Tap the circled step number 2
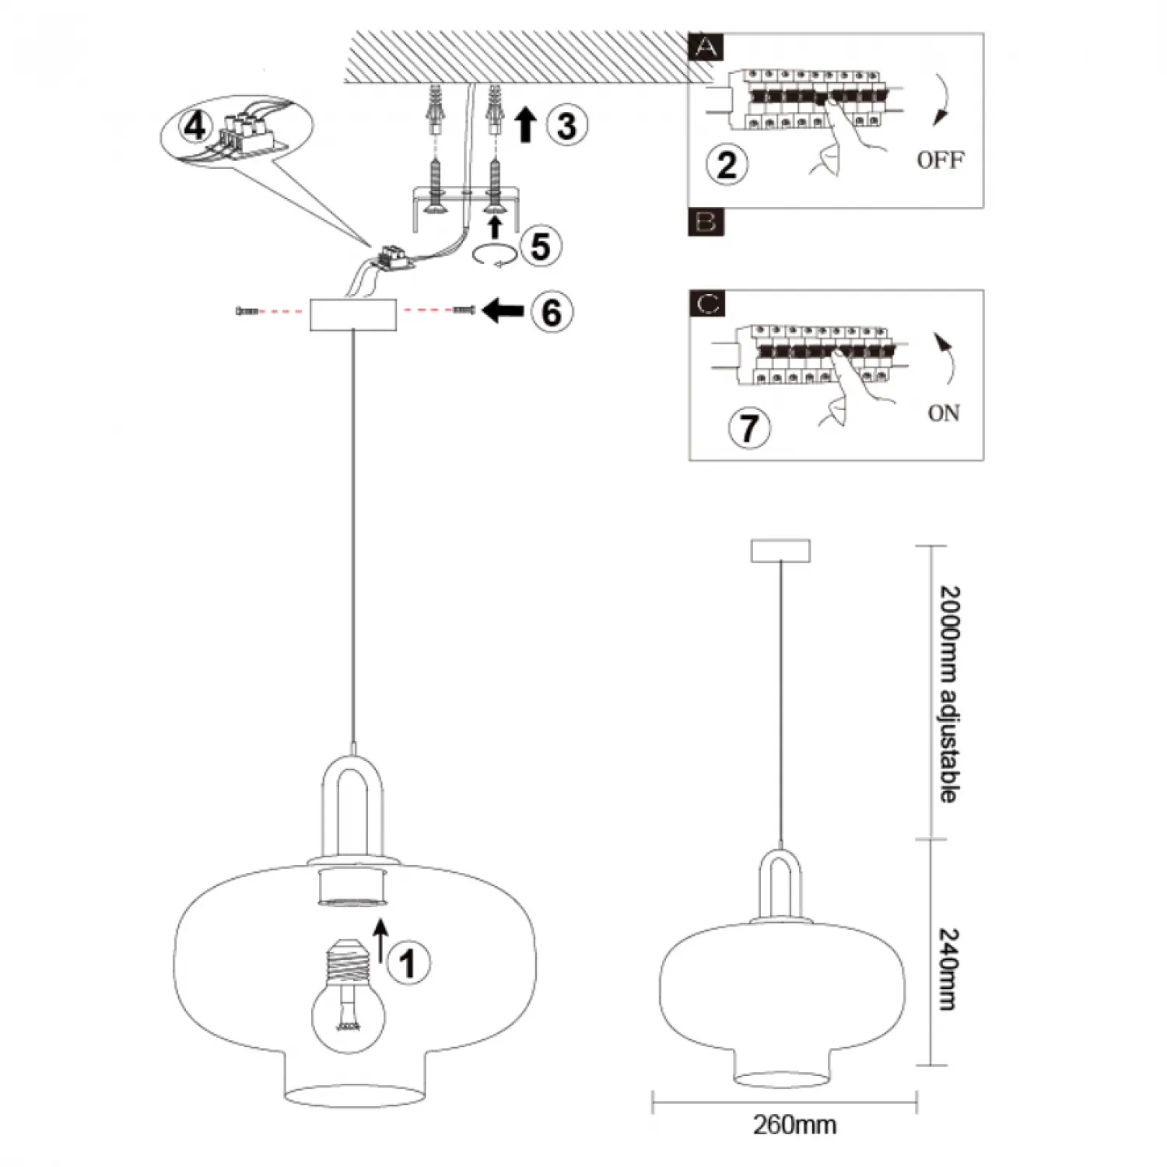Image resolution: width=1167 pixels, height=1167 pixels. (x=727, y=164)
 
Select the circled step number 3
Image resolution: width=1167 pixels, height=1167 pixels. (x=566, y=125)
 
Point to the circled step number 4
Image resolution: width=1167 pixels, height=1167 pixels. (x=194, y=124)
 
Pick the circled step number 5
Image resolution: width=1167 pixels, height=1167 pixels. (x=540, y=246)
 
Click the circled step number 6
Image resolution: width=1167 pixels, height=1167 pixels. (x=551, y=312)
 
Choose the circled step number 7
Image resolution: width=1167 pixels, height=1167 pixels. (x=748, y=427)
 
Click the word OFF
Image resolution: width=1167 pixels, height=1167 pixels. (x=940, y=160)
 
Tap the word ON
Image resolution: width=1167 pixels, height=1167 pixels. (x=943, y=412)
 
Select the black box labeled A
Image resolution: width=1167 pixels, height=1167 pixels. (x=706, y=47)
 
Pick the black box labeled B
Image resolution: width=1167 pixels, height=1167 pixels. (x=706, y=222)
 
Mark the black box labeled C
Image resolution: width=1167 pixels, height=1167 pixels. (x=706, y=303)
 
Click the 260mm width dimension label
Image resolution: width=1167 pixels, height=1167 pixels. (x=794, y=1124)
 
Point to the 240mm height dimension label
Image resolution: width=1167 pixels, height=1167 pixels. (x=948, y=968)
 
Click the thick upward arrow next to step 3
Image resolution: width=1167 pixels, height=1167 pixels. (x=526, y=124)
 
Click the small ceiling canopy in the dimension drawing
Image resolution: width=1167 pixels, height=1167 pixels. (x=780, y=550)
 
